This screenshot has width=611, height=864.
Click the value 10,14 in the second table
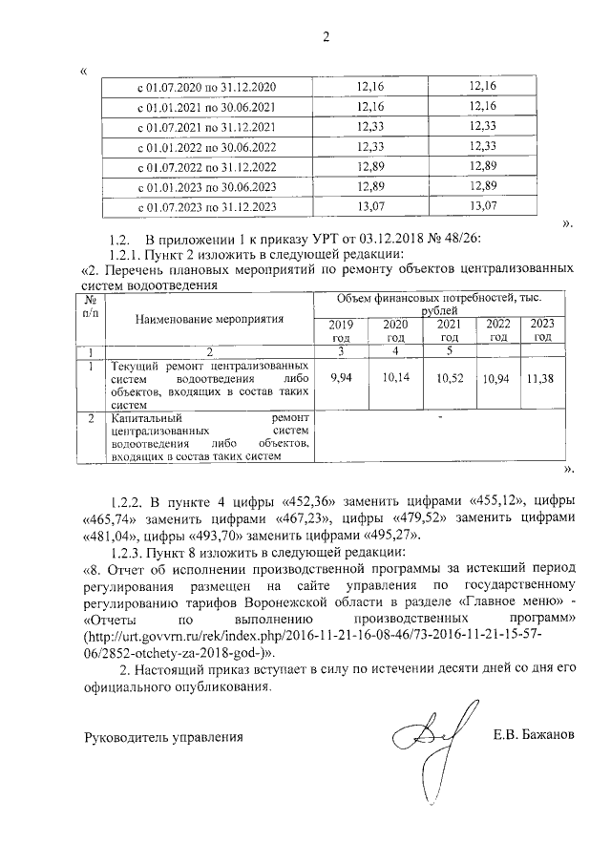click(393, 379)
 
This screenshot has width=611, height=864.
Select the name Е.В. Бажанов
click(534, 736)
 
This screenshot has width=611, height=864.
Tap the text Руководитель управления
click(164, 737)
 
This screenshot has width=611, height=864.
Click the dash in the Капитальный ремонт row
click(439, 417)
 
